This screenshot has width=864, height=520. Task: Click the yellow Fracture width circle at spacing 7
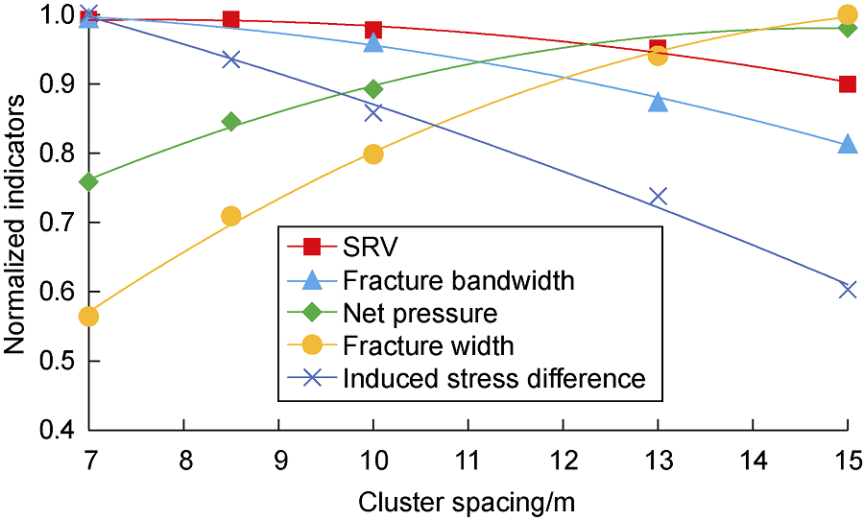88,317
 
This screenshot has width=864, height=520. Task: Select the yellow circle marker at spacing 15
848,14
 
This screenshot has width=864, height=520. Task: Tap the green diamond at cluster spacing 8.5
231,122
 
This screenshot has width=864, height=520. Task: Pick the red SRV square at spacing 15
848,84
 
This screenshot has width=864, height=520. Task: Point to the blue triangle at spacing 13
658,102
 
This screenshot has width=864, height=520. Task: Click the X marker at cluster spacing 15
848,289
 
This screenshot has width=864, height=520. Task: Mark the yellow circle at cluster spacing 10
373,154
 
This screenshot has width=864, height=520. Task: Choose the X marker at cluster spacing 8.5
231,59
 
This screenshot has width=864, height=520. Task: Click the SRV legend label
370,248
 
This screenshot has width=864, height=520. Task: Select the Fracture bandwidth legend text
459,280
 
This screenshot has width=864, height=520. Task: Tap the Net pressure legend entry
420,314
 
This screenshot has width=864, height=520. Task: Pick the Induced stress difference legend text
494,378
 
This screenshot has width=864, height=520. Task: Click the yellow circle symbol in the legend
312,346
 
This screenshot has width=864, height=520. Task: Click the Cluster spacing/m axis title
467,503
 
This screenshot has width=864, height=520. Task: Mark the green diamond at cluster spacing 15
848,29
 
